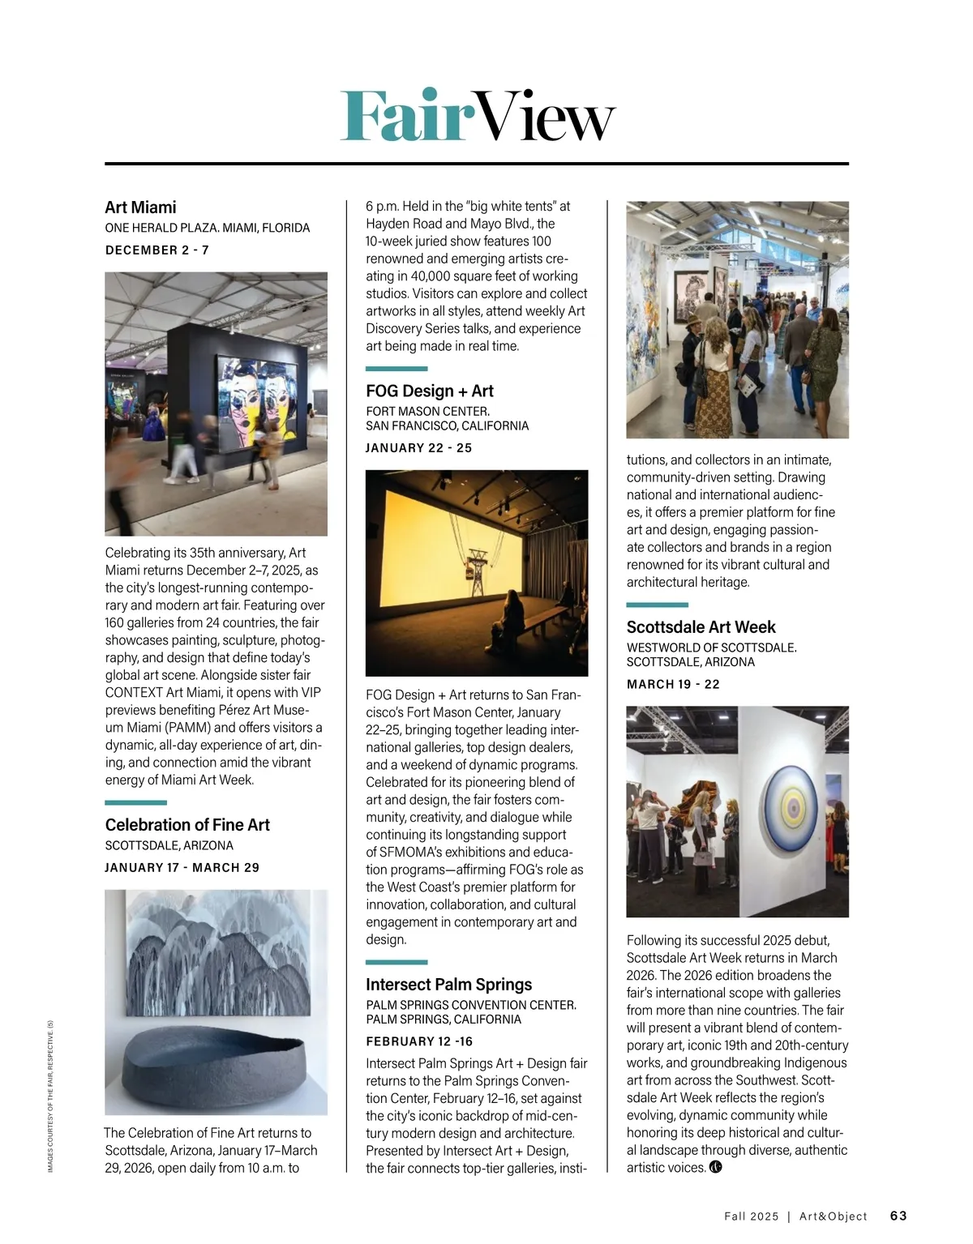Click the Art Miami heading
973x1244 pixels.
(x=140, y=207)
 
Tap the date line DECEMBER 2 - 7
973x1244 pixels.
(x=157, y=250)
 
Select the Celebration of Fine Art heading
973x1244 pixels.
(x=187, y=825)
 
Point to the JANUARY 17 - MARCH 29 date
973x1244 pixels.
(x=182, y=868)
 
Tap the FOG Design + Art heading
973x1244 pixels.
(x=430, y=391)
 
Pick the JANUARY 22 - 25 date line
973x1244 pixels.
(x=418, y=448)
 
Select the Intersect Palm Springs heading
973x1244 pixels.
(x=449, y=985)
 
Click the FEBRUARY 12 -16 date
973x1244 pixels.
(x=419, y=1042)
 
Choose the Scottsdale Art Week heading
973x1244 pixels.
(x=701, y=627)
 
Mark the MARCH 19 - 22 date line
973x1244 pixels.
(x=673, y=685)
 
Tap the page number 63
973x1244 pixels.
(x=898, y=1216)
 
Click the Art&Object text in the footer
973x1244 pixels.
(x=833, y=1216)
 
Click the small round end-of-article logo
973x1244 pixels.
(x=715, y=1168)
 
